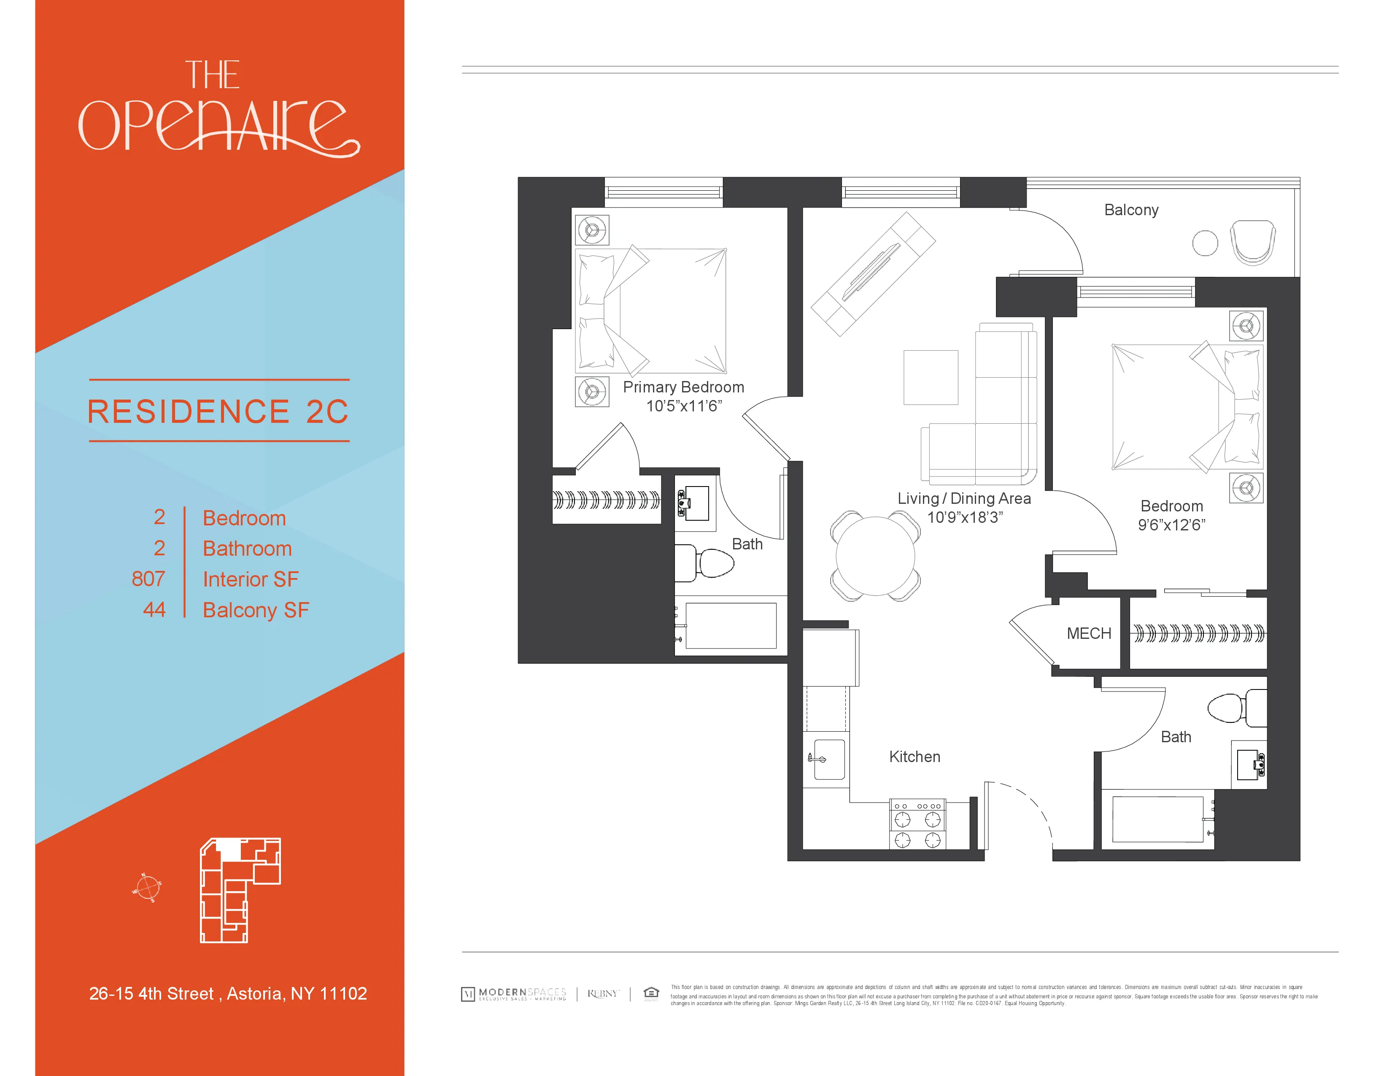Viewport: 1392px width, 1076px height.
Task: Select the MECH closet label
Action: click(x=1089, y=634)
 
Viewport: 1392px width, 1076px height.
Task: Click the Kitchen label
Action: click(x=915, y=757)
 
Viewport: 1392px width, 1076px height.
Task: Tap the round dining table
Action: click(x=875, y=556)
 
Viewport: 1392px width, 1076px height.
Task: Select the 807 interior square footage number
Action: click(x=148, y=579)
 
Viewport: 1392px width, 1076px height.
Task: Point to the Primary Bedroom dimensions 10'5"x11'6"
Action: click(x=684, y=406)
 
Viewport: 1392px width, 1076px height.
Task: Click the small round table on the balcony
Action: click(x=1205, y=243)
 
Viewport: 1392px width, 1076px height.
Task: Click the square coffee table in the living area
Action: click(x=931, y=377)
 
